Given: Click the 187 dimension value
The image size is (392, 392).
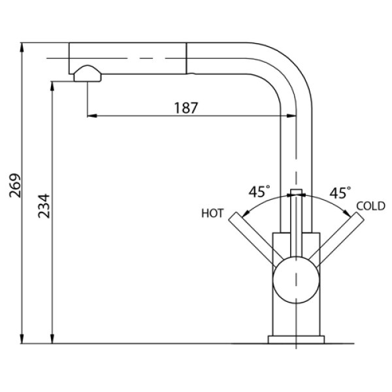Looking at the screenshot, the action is pos(186,108).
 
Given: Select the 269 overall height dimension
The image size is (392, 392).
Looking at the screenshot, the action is pos(15,186).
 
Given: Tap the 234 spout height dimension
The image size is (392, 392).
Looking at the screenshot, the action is pos(44,206).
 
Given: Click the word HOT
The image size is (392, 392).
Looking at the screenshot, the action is pos(212,214).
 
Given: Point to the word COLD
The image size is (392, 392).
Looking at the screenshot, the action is pos(370,206).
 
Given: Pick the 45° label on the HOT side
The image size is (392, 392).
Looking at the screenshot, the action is pos(259,191).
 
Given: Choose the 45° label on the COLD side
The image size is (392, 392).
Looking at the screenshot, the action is pos(340,193).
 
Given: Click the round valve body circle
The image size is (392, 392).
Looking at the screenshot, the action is pos(296,280).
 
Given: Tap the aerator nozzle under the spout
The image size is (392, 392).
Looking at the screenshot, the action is pos(88,74).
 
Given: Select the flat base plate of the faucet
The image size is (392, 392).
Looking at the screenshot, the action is pos(296,340).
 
